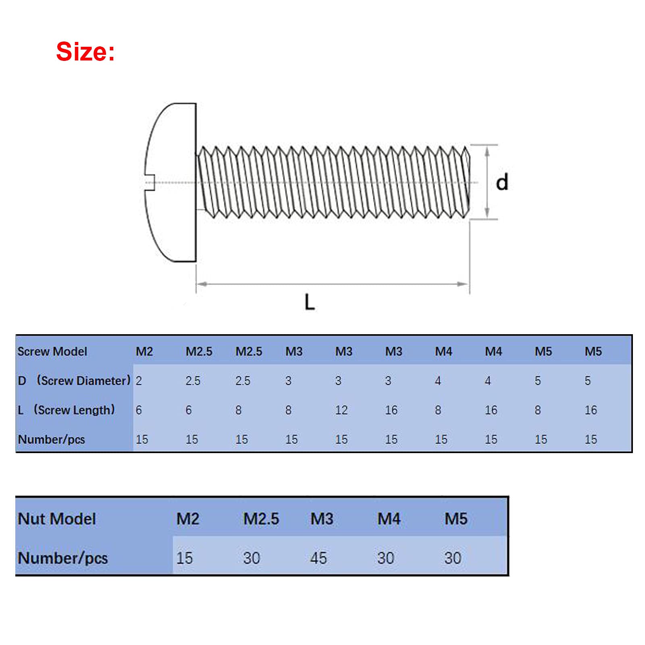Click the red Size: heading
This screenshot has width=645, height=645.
(x=85, y=52)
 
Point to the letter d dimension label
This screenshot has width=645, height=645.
(x=502, y=182)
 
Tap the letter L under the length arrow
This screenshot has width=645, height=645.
(x=310, y=302)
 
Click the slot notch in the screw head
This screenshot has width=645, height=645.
(x=150, y=182)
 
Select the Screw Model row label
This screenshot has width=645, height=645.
(x=52, y=352)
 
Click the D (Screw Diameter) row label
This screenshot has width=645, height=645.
(x=74, y=381)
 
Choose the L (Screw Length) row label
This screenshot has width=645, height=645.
(x=67, y=410)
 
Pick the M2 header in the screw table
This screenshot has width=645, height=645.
(x=144, y=352)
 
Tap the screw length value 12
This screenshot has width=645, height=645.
(x=341, y=410)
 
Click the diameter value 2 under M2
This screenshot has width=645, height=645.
(x=139, y=381)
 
